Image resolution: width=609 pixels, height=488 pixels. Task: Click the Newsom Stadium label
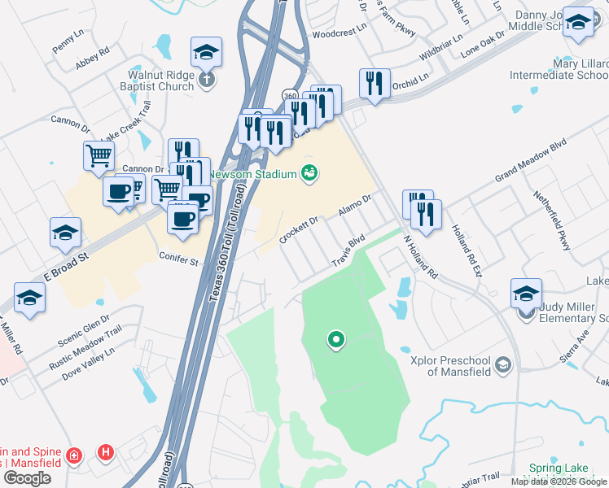point(252,173)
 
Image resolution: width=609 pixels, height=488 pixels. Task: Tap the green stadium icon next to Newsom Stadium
point(309,172)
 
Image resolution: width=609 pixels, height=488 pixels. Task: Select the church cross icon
point(207,79)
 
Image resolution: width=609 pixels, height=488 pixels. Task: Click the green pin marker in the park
point(335,339)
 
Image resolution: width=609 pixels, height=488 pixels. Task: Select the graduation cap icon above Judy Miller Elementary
point(526,293)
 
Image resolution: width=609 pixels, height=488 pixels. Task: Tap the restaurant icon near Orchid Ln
point(375,83)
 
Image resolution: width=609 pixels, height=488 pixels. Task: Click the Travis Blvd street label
point(348,252)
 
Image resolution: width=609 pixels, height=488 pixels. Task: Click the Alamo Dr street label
point(355,204)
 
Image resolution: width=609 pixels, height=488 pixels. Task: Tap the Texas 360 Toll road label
point(227,244)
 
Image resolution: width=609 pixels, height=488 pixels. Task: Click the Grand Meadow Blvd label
point(530,167)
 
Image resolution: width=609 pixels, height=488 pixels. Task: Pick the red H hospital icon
point(105,451)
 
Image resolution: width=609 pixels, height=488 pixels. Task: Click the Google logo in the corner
point(27,478)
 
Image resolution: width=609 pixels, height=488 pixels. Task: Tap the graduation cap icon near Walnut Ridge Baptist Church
point(207,53)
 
